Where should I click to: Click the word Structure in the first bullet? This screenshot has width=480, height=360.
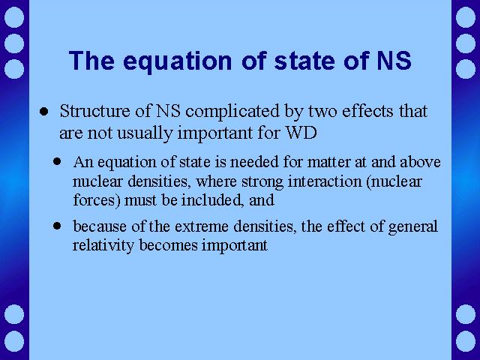[x=95, y=111]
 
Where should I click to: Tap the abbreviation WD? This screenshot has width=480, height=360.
[x=301, y=133]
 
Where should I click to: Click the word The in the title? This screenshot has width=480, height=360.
[x=91, y=60]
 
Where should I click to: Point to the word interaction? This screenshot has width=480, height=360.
[x=325, y=181]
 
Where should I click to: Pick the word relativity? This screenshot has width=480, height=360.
[x=103, y=246]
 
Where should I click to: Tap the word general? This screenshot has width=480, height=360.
[x=412, y=227]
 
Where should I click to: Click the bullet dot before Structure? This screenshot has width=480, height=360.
[x=43, y=112]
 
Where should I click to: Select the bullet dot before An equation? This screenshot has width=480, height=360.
[x=57, y=161]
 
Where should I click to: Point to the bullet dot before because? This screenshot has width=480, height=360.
[x=57, y=226]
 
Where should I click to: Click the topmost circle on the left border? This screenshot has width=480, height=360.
[x=14, y=16]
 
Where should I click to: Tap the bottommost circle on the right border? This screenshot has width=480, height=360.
[x=466, y=341]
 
